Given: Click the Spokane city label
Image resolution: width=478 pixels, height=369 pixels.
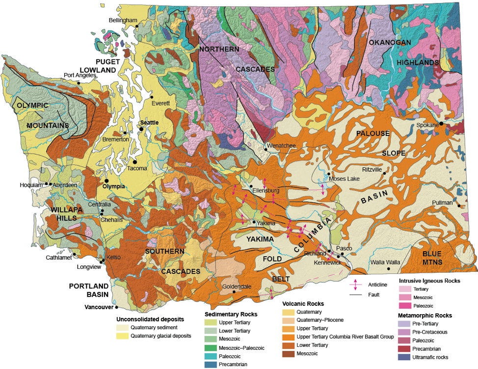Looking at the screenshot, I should click(427, 125).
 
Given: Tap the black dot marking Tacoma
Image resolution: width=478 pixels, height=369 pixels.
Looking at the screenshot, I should click(134, 161).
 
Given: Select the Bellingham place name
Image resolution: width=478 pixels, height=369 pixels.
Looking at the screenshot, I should click(123, 20).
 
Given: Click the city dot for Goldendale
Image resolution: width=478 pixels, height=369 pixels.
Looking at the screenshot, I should click(234, 291).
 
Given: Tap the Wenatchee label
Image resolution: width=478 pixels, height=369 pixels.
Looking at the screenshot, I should click(281, 146).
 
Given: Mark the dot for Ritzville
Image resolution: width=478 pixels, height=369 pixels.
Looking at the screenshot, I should click(384, 173).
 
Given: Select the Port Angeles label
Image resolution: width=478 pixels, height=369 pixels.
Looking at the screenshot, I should click(81, 76).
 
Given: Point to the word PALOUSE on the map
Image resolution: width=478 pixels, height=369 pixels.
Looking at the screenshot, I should click(372, 133).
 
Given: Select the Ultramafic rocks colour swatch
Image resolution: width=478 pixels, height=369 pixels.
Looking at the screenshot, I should click(404, 357).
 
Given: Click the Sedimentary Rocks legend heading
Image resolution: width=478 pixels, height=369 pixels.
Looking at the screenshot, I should click(231, 314).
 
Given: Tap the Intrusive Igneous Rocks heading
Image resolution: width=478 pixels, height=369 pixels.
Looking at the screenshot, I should click(429, 281).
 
